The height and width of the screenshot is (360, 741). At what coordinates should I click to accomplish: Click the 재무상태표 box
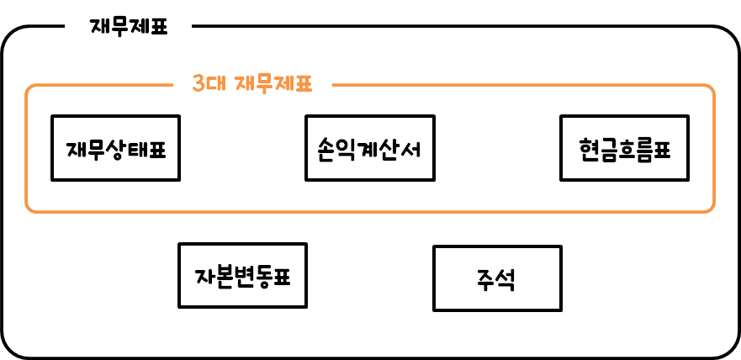point(115,148)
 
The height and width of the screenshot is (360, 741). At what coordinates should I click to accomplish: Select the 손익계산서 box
point(369,148)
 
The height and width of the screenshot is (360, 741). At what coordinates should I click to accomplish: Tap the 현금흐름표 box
point(624,148)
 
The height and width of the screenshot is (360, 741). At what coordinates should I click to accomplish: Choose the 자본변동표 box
point(242,275)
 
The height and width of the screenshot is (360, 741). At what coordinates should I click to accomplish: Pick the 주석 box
point(496,278)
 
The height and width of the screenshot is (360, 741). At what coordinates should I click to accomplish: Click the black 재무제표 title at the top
point(129,27)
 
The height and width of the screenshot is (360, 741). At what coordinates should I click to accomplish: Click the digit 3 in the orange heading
point(198,84)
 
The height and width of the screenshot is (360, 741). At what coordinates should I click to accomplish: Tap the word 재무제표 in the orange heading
point(273,84)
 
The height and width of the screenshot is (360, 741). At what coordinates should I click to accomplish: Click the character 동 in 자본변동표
point(262,276)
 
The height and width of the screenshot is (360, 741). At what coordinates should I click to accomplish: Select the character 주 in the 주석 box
point(486,279)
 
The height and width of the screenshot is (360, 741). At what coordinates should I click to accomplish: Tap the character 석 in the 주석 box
point(507,279)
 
